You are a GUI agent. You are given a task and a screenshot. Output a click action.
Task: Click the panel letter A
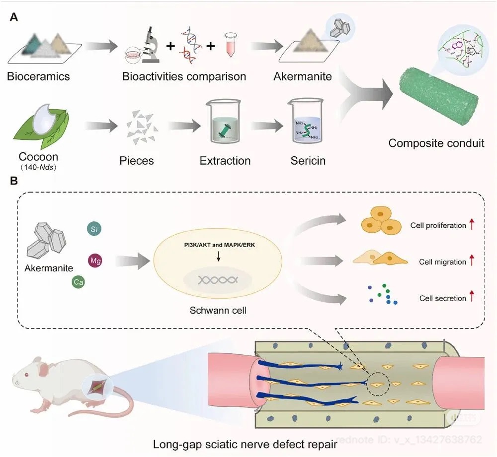tap(15, 17)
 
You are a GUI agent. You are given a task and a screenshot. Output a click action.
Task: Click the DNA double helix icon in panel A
tap(191, 45)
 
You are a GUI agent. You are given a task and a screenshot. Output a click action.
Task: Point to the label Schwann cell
tap(218, 311)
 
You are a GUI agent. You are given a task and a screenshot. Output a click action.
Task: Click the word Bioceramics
tap(38, 77)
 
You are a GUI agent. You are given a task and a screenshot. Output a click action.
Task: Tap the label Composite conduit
tap(436, 143)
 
